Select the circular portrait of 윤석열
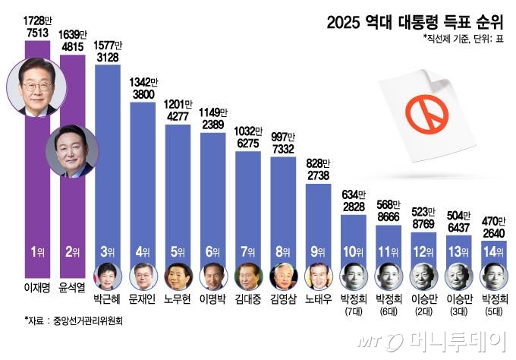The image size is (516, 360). tap(72, 153)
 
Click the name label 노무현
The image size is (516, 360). tap(179, 299)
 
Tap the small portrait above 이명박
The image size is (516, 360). tap(214, 276)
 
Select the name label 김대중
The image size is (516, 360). tap(249, 299)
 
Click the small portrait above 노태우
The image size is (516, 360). tap(319, 276)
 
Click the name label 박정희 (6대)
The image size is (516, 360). tap(389, 304)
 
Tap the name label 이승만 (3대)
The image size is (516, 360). tap(459, 304)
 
